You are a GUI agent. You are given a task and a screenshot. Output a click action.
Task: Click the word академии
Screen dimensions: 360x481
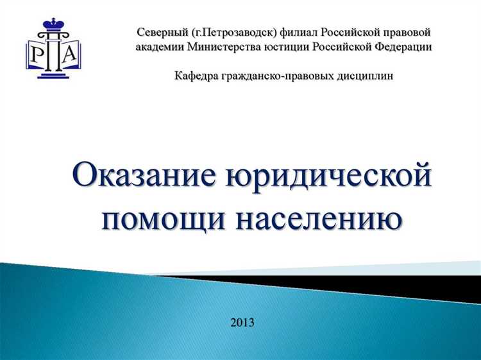tap(160, 47)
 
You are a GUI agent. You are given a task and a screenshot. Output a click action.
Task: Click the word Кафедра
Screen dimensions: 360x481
tap(195, 76)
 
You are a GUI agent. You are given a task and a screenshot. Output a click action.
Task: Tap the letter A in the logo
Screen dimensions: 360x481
tap(69, 55)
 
